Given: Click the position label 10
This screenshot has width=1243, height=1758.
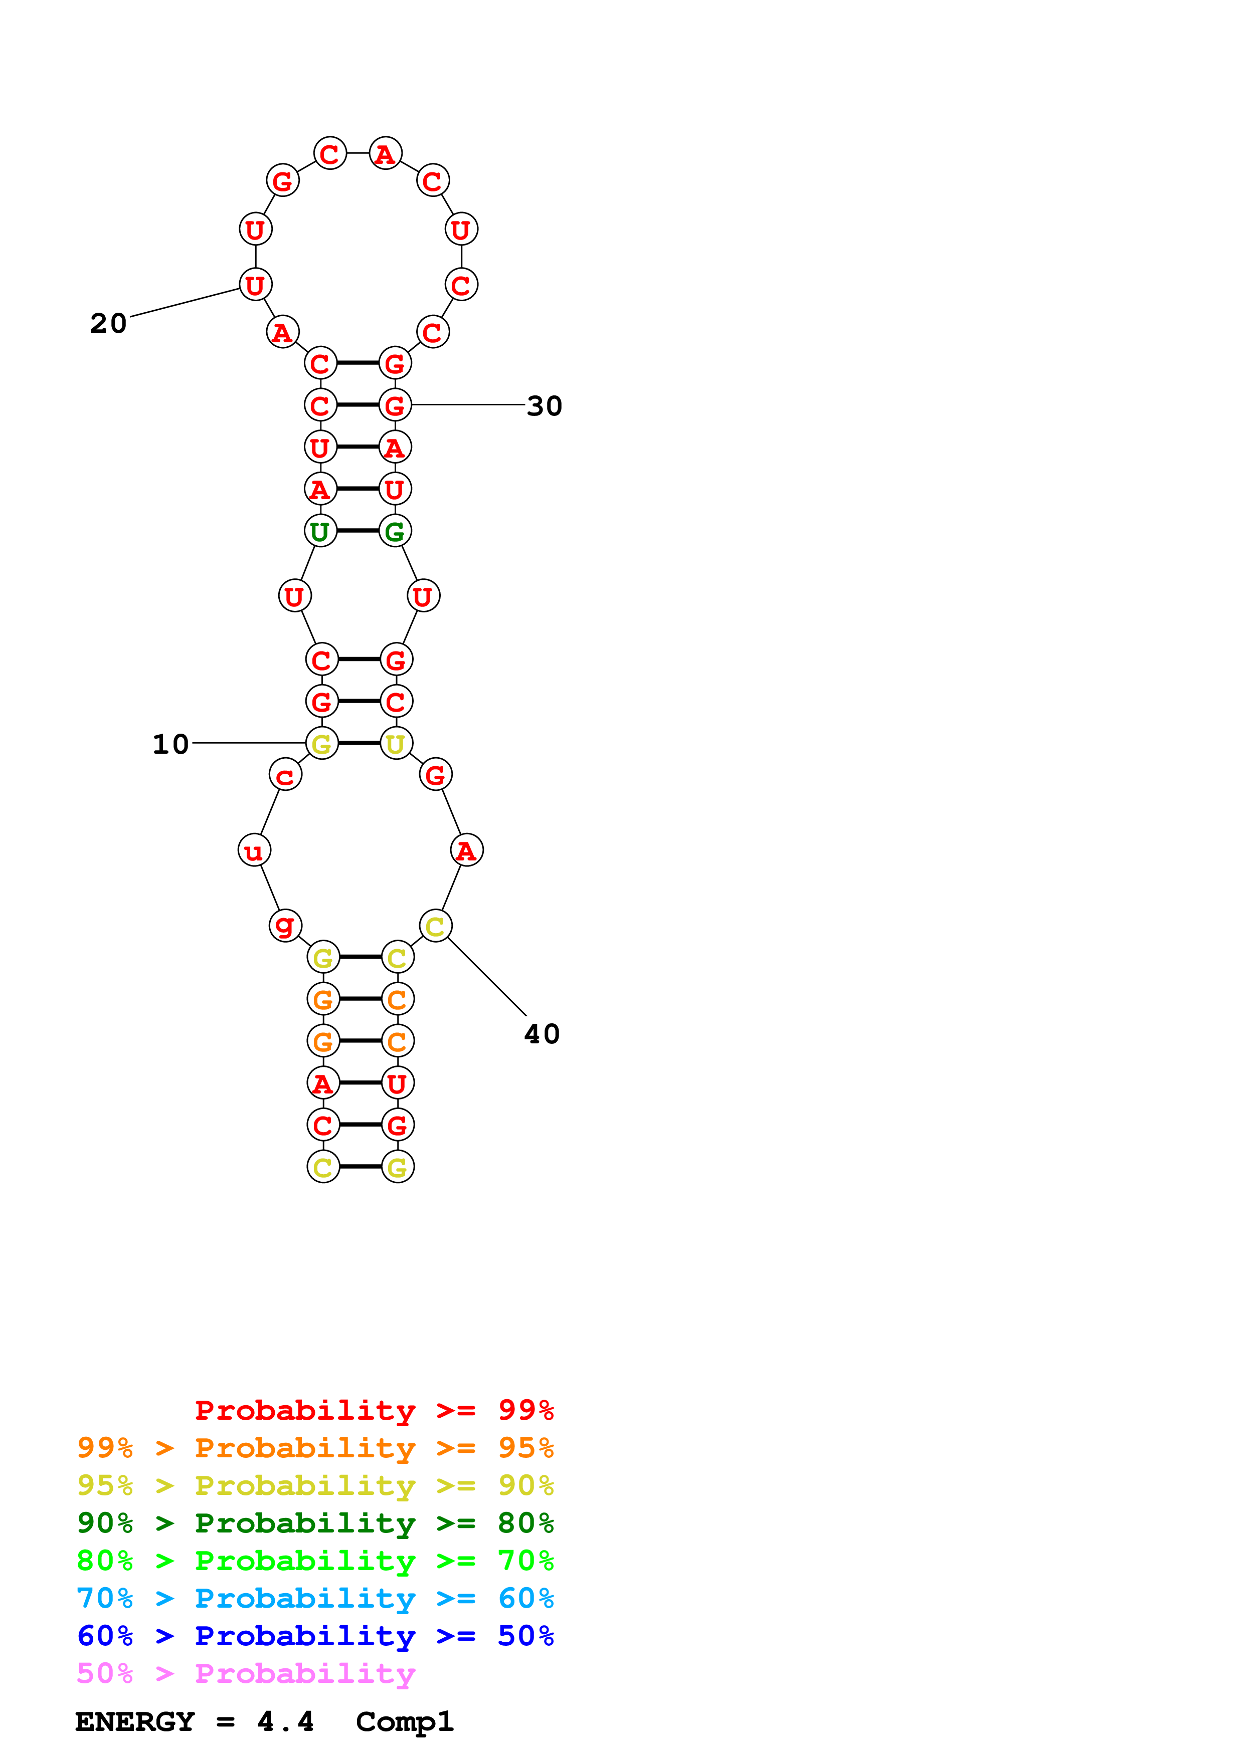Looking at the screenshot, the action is tap(170, 744).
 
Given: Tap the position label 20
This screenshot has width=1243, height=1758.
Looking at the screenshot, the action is tap(108, 323).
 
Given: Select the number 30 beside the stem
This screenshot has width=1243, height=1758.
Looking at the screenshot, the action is tap(545, 406).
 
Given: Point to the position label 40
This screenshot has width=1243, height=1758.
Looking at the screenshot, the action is tap(542, 1034).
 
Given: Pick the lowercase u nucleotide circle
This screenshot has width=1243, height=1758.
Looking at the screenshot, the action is tap(254, 850).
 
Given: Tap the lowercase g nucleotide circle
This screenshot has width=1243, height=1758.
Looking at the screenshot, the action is tap(285, 925).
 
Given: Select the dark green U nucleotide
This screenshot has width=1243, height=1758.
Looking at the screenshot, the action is tap(320, 531).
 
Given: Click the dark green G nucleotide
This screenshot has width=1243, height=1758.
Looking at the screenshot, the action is tap(395, 531).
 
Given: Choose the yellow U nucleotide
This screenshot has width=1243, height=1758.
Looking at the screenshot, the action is tap(396, 744).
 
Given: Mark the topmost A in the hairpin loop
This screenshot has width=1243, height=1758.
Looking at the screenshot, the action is tap(385, 154).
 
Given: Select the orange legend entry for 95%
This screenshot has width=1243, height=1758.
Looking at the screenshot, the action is tap(315, 1447).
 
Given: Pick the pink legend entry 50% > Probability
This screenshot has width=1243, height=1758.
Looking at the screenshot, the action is tap(245, 1673).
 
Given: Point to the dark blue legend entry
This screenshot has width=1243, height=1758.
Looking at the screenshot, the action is tap(315, 1636).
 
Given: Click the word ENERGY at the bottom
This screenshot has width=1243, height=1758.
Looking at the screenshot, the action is tap(135, 1722).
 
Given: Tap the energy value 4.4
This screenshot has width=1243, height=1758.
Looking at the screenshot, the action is tap(285, 1722).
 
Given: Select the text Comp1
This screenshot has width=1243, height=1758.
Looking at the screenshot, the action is tap(404, 1722).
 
